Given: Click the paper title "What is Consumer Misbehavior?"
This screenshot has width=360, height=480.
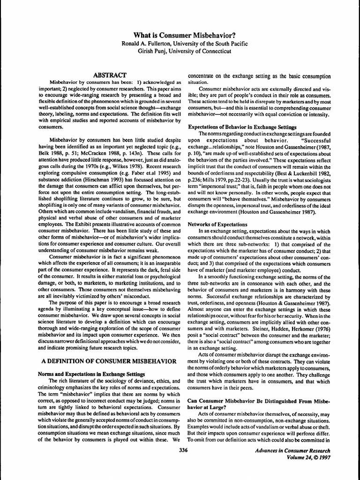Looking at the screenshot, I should [x=180, y=35].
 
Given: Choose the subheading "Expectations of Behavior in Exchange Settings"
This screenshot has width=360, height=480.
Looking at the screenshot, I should [x=242, y=127].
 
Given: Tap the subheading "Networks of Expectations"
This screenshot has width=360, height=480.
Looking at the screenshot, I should [x=217, y=224].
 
